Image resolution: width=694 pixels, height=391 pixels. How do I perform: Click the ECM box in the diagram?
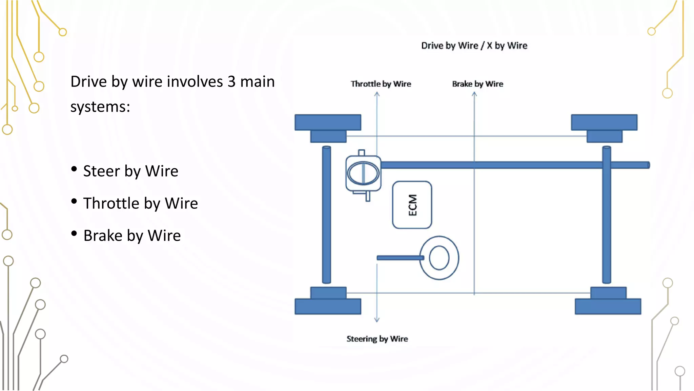point(412,205)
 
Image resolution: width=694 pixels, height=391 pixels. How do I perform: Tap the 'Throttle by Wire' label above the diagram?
point(381,84)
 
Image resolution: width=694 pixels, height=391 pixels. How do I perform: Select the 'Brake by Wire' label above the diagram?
point(477,84)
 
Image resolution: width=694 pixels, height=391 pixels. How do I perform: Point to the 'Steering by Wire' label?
point(377,339)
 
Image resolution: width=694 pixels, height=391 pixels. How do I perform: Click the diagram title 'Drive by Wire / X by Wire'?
point(474,45)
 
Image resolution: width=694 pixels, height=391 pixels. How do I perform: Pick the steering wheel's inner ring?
point(439,258)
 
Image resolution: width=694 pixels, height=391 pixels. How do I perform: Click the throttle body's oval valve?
point(363,173)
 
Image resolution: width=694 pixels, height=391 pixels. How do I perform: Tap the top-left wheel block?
point(328,123)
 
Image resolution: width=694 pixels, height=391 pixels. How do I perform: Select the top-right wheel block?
point(604,123)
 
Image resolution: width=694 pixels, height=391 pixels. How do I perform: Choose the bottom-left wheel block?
point(328,306)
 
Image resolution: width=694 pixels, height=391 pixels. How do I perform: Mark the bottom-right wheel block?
point(608,306)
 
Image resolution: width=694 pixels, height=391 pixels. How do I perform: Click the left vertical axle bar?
point(326,215)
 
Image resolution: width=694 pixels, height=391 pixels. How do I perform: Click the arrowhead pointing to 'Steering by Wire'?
point(377,319)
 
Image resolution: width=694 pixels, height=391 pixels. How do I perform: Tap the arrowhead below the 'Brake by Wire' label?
point(474,94)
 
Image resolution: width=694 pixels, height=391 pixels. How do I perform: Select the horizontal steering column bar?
point(400,258)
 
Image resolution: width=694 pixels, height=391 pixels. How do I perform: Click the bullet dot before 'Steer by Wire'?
point(74,169)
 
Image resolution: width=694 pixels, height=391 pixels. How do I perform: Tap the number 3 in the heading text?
point(231,82)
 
